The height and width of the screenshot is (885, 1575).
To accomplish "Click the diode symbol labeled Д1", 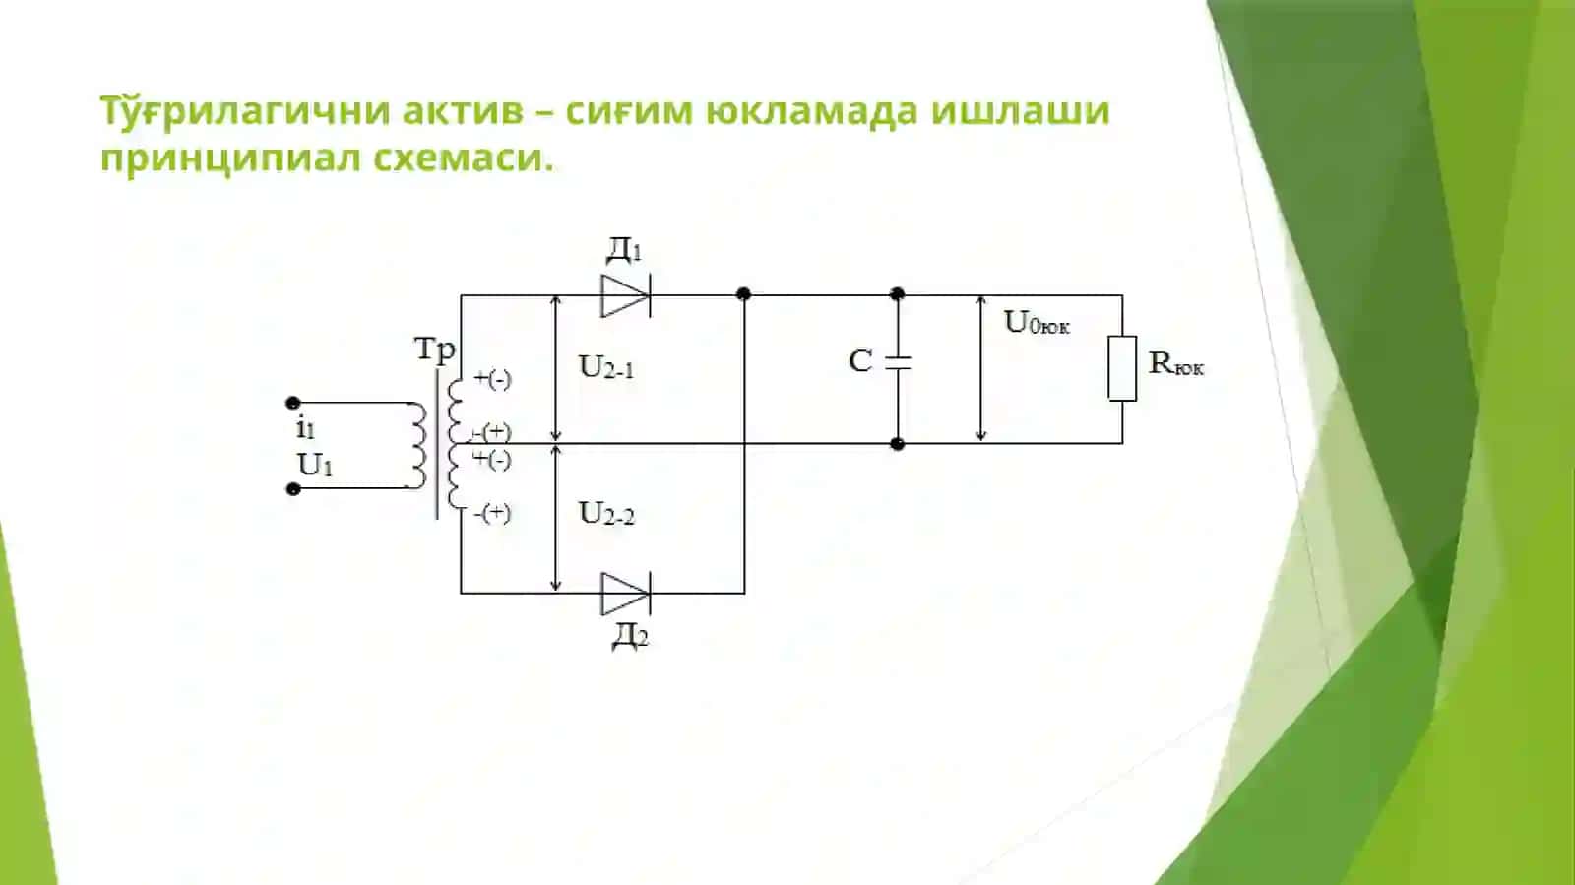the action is [x=625, y=296].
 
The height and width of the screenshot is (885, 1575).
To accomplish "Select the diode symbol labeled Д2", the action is [x=625, y=594].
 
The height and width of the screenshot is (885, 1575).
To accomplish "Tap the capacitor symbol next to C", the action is [x=897, y=362].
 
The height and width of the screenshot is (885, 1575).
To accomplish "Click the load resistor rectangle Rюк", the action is [x=1122, y=368].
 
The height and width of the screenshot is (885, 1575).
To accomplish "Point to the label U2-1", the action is [x=606, y=367].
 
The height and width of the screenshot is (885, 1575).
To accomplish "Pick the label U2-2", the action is [x=606, y=514].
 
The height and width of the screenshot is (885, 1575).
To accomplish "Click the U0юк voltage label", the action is [x=1038, y=323].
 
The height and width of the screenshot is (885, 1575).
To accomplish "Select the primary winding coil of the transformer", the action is [x=417, y=446].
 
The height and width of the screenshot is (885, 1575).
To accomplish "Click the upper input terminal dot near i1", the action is [x=293, y=403].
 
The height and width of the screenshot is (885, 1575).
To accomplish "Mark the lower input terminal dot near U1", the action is [x=293, y=488].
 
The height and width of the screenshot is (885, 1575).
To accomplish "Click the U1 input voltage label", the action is [x=314, y=466].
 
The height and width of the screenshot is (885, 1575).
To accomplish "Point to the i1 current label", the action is [x=305, y=428].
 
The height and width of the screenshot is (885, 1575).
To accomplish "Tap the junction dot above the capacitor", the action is [x=897, y=293].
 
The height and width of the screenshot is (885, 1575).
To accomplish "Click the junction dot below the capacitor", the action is [x=897, y=444].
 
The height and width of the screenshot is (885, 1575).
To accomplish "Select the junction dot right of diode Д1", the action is [x=743, y=293].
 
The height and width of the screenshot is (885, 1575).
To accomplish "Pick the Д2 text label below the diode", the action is [x=629, y=636].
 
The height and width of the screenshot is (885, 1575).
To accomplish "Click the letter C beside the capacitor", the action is [x=860, y=362].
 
